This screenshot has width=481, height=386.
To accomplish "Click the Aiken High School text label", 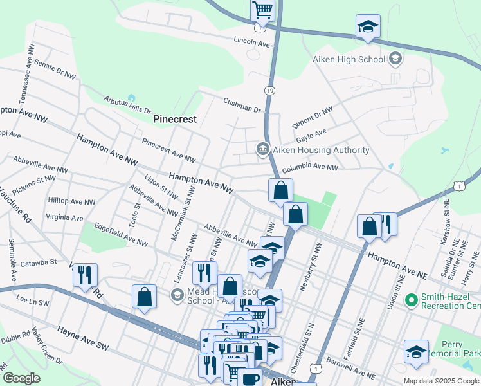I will pyautogui.click(x=349, y=59).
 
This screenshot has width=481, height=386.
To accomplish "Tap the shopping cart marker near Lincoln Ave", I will pyautogui.click(x=262, y=11).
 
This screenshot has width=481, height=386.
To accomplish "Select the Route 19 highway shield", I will pyautogui.click(x=269, y=91).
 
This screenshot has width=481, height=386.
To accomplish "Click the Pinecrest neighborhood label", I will pyautogui.click(x=174, y=119).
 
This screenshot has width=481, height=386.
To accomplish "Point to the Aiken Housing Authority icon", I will pyautogui.click(x=263, y=150).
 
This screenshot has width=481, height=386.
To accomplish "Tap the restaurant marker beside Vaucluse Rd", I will pyautogui.click(x=85, y=275).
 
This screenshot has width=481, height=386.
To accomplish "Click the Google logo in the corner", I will pyautogui.click(x=22, y=378).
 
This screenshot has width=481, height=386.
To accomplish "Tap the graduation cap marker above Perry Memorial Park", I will pyautogui.click(x=416, y=352).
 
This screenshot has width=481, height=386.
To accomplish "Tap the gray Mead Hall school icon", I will pyautogui.click(x=177, y=295).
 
